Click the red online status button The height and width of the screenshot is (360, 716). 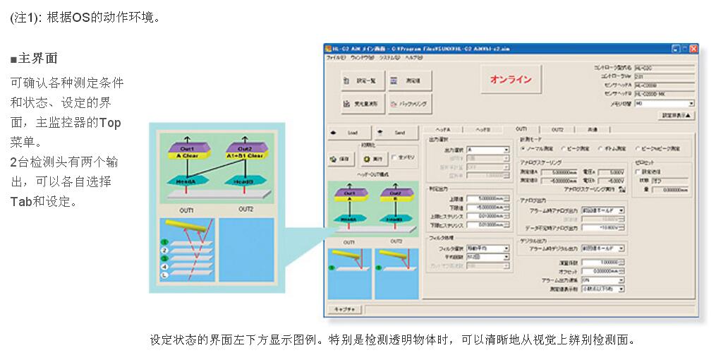[x=511, y=80]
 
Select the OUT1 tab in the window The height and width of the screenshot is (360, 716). [x=521, y=129]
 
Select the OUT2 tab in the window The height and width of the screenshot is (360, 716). [x=557, y=129]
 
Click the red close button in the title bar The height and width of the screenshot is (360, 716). [x=694, y=49]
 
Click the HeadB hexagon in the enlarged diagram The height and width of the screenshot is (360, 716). [x=245, y=181]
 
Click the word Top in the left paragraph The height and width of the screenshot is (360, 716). [x=110, y=123]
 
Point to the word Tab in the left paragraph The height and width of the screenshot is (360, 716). [x=23, y=201]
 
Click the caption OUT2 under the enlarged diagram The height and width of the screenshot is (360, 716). [x=245, y=209]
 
